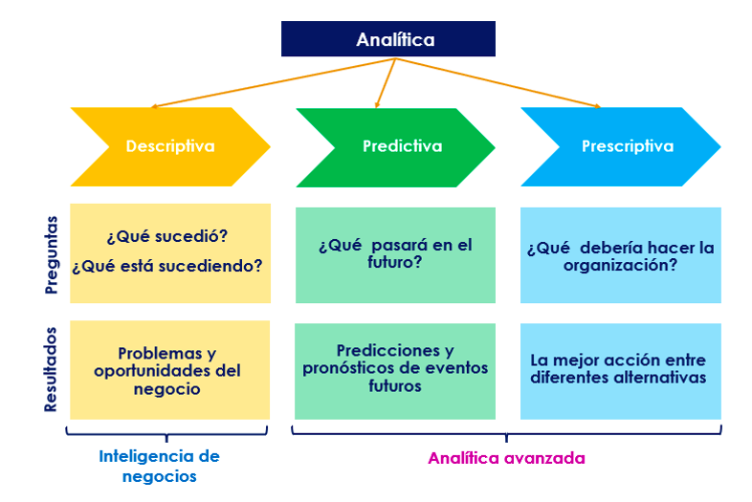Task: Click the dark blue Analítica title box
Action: point(387,39)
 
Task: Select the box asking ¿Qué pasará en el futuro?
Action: point(395,253)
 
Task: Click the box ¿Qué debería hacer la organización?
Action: point(620,256)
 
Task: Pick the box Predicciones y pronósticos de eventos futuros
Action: point(395,369)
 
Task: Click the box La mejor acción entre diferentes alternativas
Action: point(620,369)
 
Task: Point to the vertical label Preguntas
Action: point(52,253)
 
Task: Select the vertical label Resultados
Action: point(52,370)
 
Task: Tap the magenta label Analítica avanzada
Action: point(506,458)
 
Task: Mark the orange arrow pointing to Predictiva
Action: point(386,81)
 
